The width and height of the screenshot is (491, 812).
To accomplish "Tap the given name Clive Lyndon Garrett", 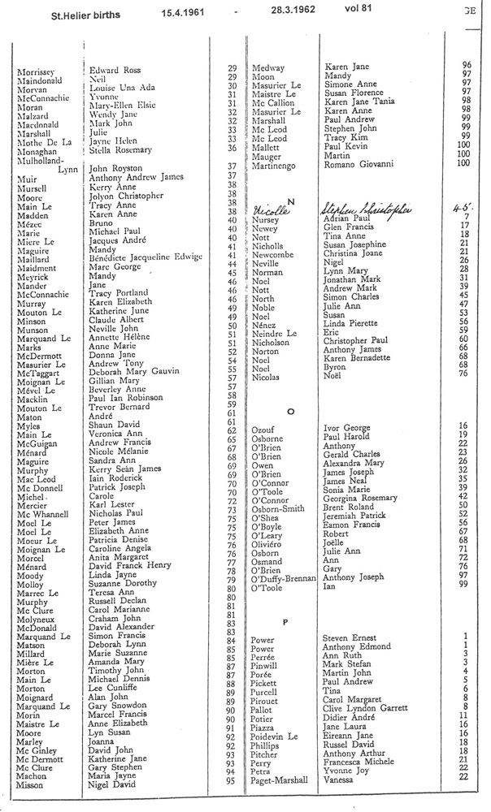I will pos(365,707).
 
